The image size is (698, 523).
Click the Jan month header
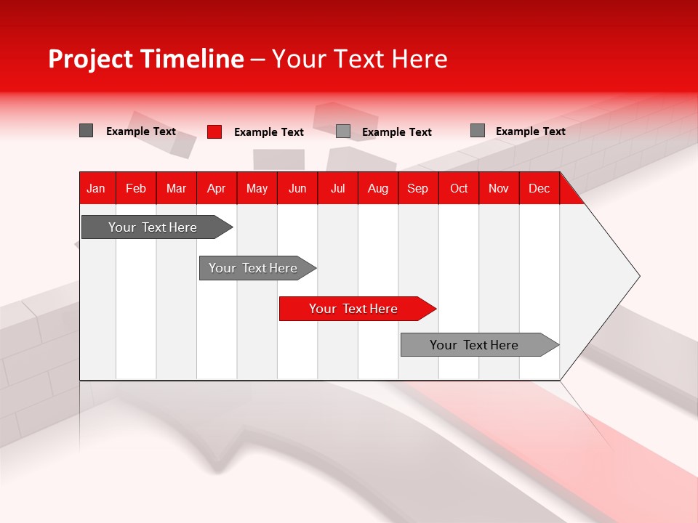pyautogui.click(x=96, y=188)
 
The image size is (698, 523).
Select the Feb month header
pyautogui.click(x=136, y=188)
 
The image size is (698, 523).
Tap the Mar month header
pyautogui.click(x=176, y=188)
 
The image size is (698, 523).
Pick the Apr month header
pyautogui.click(x=217, y=188)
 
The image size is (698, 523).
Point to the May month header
pyautogui.click(x=257, y=188)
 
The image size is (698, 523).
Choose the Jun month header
pyautogui.click(x=297, y=188)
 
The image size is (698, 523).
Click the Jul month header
pyautogui.click(x=337, y=188)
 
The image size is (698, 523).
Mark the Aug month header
pyautogui.click(x=378, y=188)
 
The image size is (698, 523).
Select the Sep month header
pyautogui.click(x=418, y=188)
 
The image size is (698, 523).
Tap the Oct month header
pyautogui.click(x=459, y=188)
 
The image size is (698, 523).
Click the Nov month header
pyautogui.click(x=499, y=188)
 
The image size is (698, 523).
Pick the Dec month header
pyautogui.click(x=539, y=188)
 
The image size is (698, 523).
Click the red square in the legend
pyautogui.click(x=214, y=131)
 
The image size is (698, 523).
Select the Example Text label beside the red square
pyautogui.click(x=269, y=132)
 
